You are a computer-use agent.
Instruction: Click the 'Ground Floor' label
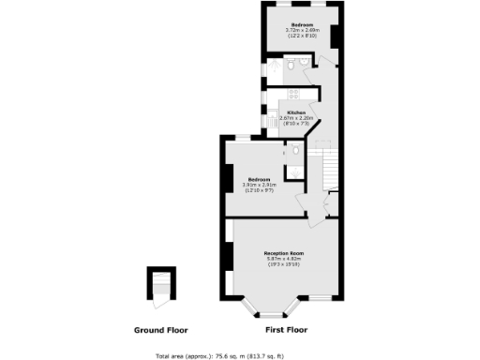tap(160, 330)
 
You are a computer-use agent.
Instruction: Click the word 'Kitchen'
tap(295, 112)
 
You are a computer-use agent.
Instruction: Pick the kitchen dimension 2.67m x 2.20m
tap(296, 118)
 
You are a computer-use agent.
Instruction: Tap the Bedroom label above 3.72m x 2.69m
tap(302, 24)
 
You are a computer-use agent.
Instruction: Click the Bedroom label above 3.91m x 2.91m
tap(259, 179)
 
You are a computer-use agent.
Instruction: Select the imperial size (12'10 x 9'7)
tap(259, 190)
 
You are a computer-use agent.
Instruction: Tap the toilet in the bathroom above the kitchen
tap(292, 65)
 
